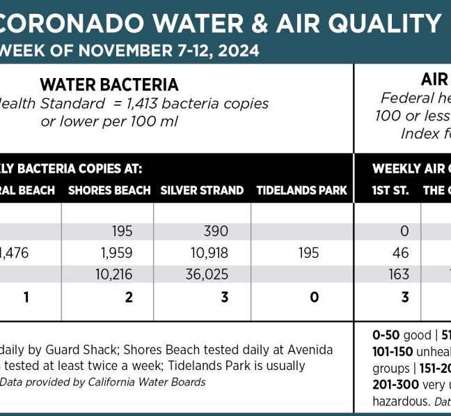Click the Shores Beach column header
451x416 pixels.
pyautogui.click(x=109, y=190)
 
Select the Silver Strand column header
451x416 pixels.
pyautogui.click(x=202, y=190)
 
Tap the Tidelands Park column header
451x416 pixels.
pyautogui.click(x=301, y=190)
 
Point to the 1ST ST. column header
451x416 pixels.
pyautogui.click(x=390, y=190)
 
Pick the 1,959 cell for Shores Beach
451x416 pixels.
pyautogui.click(x=116, y=253)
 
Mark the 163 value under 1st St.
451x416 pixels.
pyautogui.click(x=399, y=275)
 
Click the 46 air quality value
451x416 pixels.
pyautogui.click(x=401, y=253)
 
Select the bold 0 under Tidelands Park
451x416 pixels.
pyautogui.click(x=314, y=298)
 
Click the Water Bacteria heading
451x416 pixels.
pyautogui.click(x=109, y=85)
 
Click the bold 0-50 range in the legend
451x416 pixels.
pyautogui.click(x=388, y=334)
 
